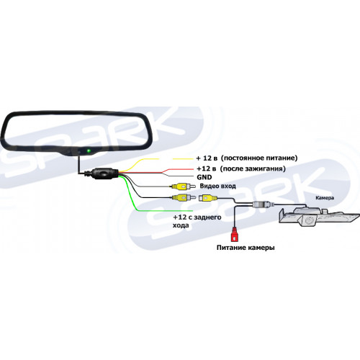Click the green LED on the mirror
click(x=89, y=150)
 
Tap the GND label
click(x=204, y=177)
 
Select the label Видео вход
click(x=217, y=186)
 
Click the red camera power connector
click(x=235, y=235)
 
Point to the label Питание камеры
click(x=246, y=248)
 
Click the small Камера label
click(x=325, y=198)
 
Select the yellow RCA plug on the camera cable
click(x=208, y=198)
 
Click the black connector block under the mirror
click(x=104, y=174)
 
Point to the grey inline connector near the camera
click(x=264, y=204)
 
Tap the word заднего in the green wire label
click(x=207, y=217)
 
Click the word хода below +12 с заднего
click(x=181, y=225)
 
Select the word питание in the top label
click(x=279, y=158)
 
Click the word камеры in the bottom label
click(x=262, y=248)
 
